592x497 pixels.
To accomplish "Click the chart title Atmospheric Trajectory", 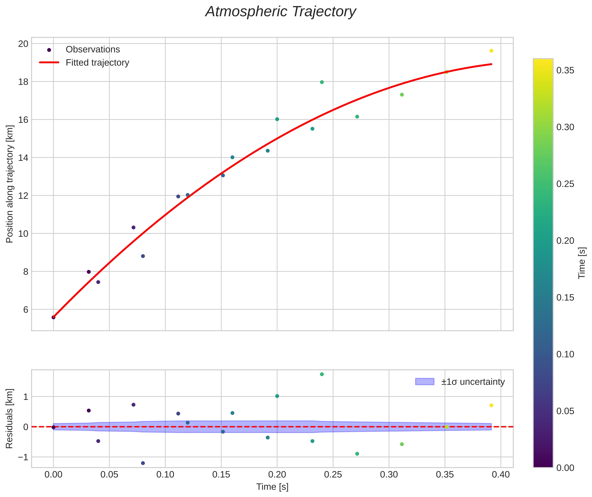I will [x=281, y=12].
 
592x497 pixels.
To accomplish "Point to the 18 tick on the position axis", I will [x=23, y=82].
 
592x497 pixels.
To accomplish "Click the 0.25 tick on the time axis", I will [x=333, y=475].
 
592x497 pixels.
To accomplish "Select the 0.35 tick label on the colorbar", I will [x=565, y=70].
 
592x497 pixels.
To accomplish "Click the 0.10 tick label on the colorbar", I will [x=565, y=354].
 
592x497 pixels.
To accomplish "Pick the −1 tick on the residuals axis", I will [x=23, y=457].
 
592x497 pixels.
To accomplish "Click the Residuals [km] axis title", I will [x=9, y=419].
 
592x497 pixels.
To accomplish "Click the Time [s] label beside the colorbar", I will [x=582, y=263].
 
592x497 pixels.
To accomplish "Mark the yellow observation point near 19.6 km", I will [x=491, y=51].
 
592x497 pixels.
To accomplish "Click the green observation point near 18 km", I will [x=322, y=82].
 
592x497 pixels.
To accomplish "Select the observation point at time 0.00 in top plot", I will [x=54, y=317].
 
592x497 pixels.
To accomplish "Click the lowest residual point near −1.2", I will [x=143, y=463].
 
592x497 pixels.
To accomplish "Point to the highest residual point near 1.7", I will [x=322, y=374].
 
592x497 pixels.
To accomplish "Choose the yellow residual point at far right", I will [x=491, y=405].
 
